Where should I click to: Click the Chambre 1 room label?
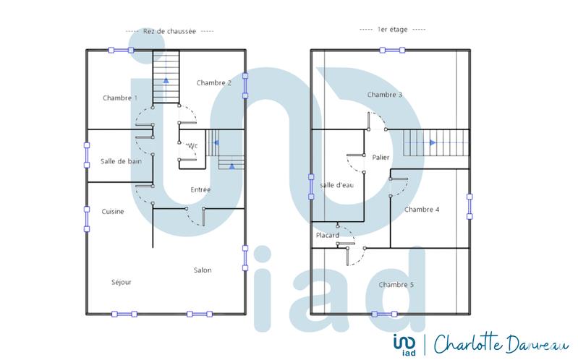point(120,98)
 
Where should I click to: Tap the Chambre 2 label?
point(213,82)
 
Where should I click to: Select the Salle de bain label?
point(121,161)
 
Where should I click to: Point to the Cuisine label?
point(113,212)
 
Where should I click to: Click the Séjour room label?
point(122,282)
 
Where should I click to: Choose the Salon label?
point(203,270)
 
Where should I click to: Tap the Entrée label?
point(200,190)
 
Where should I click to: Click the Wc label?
point(192,145)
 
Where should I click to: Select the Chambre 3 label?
point(385,95)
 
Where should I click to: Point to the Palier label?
point(381,157)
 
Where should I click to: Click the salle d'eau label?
point(336,186)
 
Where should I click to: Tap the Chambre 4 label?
point(422,210)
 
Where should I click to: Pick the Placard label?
point(327,236)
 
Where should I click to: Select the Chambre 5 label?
point(396,285)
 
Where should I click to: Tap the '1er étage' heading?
point(392,30)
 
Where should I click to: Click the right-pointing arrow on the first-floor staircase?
point(432,143)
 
